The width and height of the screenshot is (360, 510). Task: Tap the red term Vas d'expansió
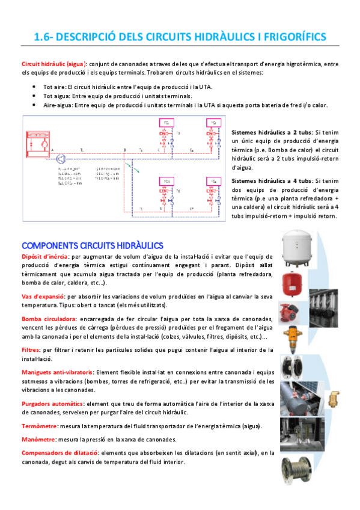43,296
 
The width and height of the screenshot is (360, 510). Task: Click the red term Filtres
31,349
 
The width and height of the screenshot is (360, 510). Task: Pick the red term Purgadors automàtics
52,404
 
